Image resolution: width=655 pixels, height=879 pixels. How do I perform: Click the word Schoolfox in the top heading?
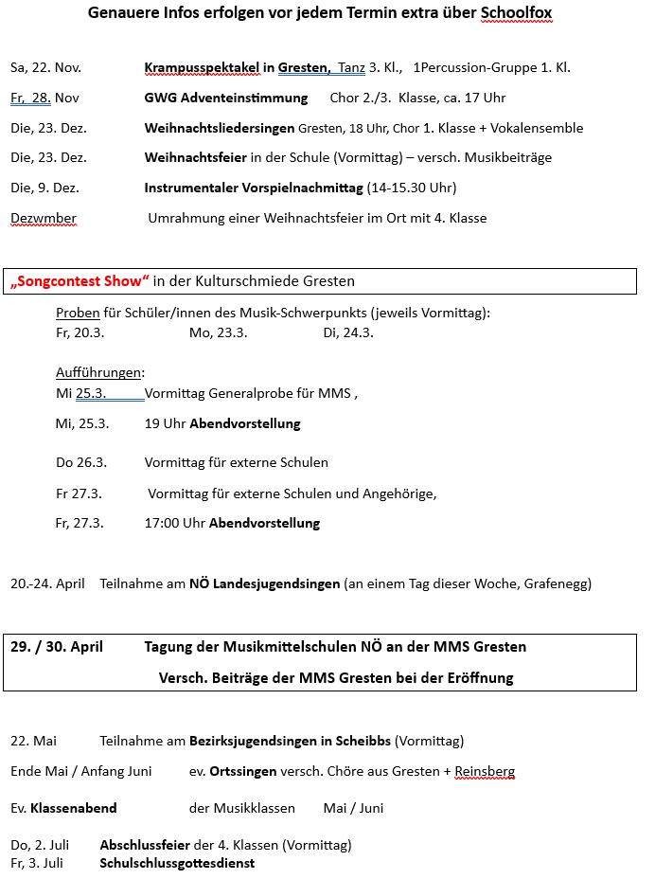[516, 13]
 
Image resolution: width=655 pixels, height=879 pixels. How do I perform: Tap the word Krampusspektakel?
[202, 67]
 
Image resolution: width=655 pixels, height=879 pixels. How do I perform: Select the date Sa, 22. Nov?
[45, 67]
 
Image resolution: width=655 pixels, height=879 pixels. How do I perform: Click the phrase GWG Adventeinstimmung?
[226, 98]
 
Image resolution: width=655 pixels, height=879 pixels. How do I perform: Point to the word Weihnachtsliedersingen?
[219, 128]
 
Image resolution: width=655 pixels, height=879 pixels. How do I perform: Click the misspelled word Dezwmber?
[44, 218]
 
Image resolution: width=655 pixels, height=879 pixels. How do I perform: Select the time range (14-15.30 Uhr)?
[411, 188]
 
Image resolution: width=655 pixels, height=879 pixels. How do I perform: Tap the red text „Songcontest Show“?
[80, 280]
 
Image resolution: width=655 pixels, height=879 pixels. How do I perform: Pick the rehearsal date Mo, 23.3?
[218, 332]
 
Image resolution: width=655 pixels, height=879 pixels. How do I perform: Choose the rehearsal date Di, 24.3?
[348, 332]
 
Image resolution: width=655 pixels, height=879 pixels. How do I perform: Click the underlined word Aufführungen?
[98, 372]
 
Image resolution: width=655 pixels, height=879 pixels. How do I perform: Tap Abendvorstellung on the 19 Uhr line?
[245, 423]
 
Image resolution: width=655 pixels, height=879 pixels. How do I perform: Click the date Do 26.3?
[81, 462]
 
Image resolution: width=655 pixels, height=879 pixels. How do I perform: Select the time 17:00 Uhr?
[175, 523]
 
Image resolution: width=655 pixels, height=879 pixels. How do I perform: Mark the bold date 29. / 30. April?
[57, 647]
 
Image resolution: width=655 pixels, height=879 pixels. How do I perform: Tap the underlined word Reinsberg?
[485, 771]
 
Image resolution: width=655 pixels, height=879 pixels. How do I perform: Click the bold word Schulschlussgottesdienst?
[177, 863]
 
